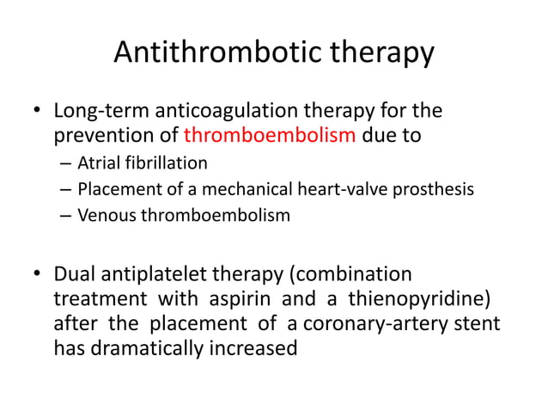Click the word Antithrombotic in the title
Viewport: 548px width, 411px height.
(x=202, y=53)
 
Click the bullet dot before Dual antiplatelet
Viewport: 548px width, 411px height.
(x=37, y=275)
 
